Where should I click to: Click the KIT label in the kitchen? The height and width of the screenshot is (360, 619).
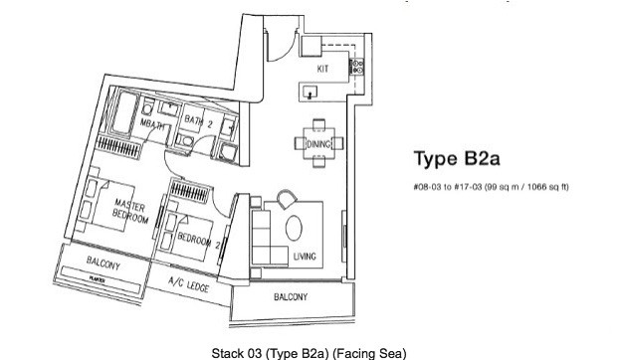(322, 70)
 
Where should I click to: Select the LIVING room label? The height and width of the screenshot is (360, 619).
(305, 258)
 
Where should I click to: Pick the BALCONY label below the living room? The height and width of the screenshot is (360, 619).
(291, 297)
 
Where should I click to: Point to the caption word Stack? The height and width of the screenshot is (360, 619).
(227, 352)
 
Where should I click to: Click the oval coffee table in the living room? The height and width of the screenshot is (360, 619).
(296, 229)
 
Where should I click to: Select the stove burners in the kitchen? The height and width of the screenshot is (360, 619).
(358, 68)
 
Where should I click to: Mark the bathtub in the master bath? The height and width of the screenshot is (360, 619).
(121, 115)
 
